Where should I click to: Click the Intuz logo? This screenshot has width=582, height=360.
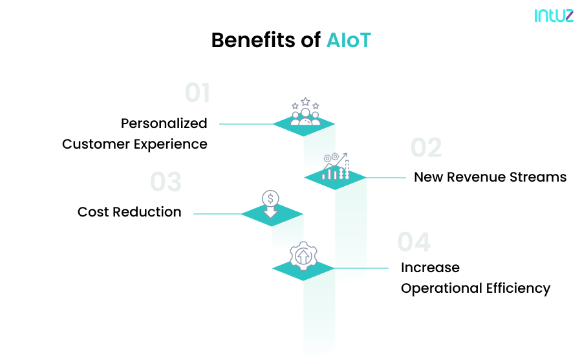(554, 15)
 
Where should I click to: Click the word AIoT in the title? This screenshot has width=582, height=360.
(349, 40)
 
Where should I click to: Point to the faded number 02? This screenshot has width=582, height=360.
(426, 148)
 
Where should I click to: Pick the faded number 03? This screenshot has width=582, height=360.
(166, 182)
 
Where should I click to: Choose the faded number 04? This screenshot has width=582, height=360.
(414, 242)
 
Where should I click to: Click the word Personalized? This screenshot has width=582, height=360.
(164, 123)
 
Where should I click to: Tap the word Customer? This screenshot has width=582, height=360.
(96, 143)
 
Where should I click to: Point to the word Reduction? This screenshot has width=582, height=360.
(149, 212)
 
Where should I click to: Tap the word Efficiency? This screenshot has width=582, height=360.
(519, 288)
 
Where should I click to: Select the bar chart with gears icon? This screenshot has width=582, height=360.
(336, 167)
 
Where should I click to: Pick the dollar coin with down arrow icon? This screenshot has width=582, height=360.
(270, 203)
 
